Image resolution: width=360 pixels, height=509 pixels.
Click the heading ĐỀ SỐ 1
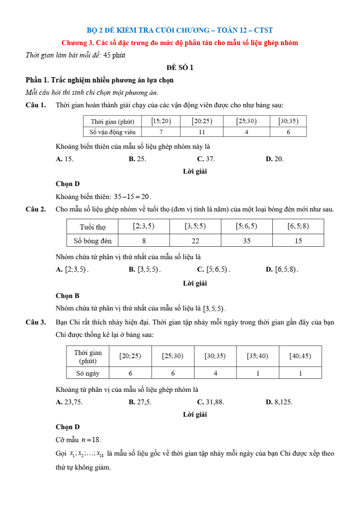click(x=180, y=67)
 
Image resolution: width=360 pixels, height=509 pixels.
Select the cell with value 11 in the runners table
click(x=202, y=132)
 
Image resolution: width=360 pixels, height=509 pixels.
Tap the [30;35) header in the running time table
click(x=288, y=121)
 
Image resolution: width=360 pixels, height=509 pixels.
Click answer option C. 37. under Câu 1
click(x=206, y=159)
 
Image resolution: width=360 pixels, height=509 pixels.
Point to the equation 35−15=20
click(x=133, y=196)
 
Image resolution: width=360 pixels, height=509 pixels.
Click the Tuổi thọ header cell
click(x=92, y=227)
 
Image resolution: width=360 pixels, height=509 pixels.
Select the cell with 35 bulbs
click(x=246, y=241)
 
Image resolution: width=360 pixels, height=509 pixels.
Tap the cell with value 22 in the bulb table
click(x=195, y=241)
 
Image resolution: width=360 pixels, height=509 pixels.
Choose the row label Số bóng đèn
click(x=92, y=241)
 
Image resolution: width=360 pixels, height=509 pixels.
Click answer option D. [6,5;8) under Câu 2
click(x=282, y=270)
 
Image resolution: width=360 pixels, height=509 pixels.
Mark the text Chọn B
click(x=67, y=296)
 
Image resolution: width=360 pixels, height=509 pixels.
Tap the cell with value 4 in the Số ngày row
click(x=215, y=373)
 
